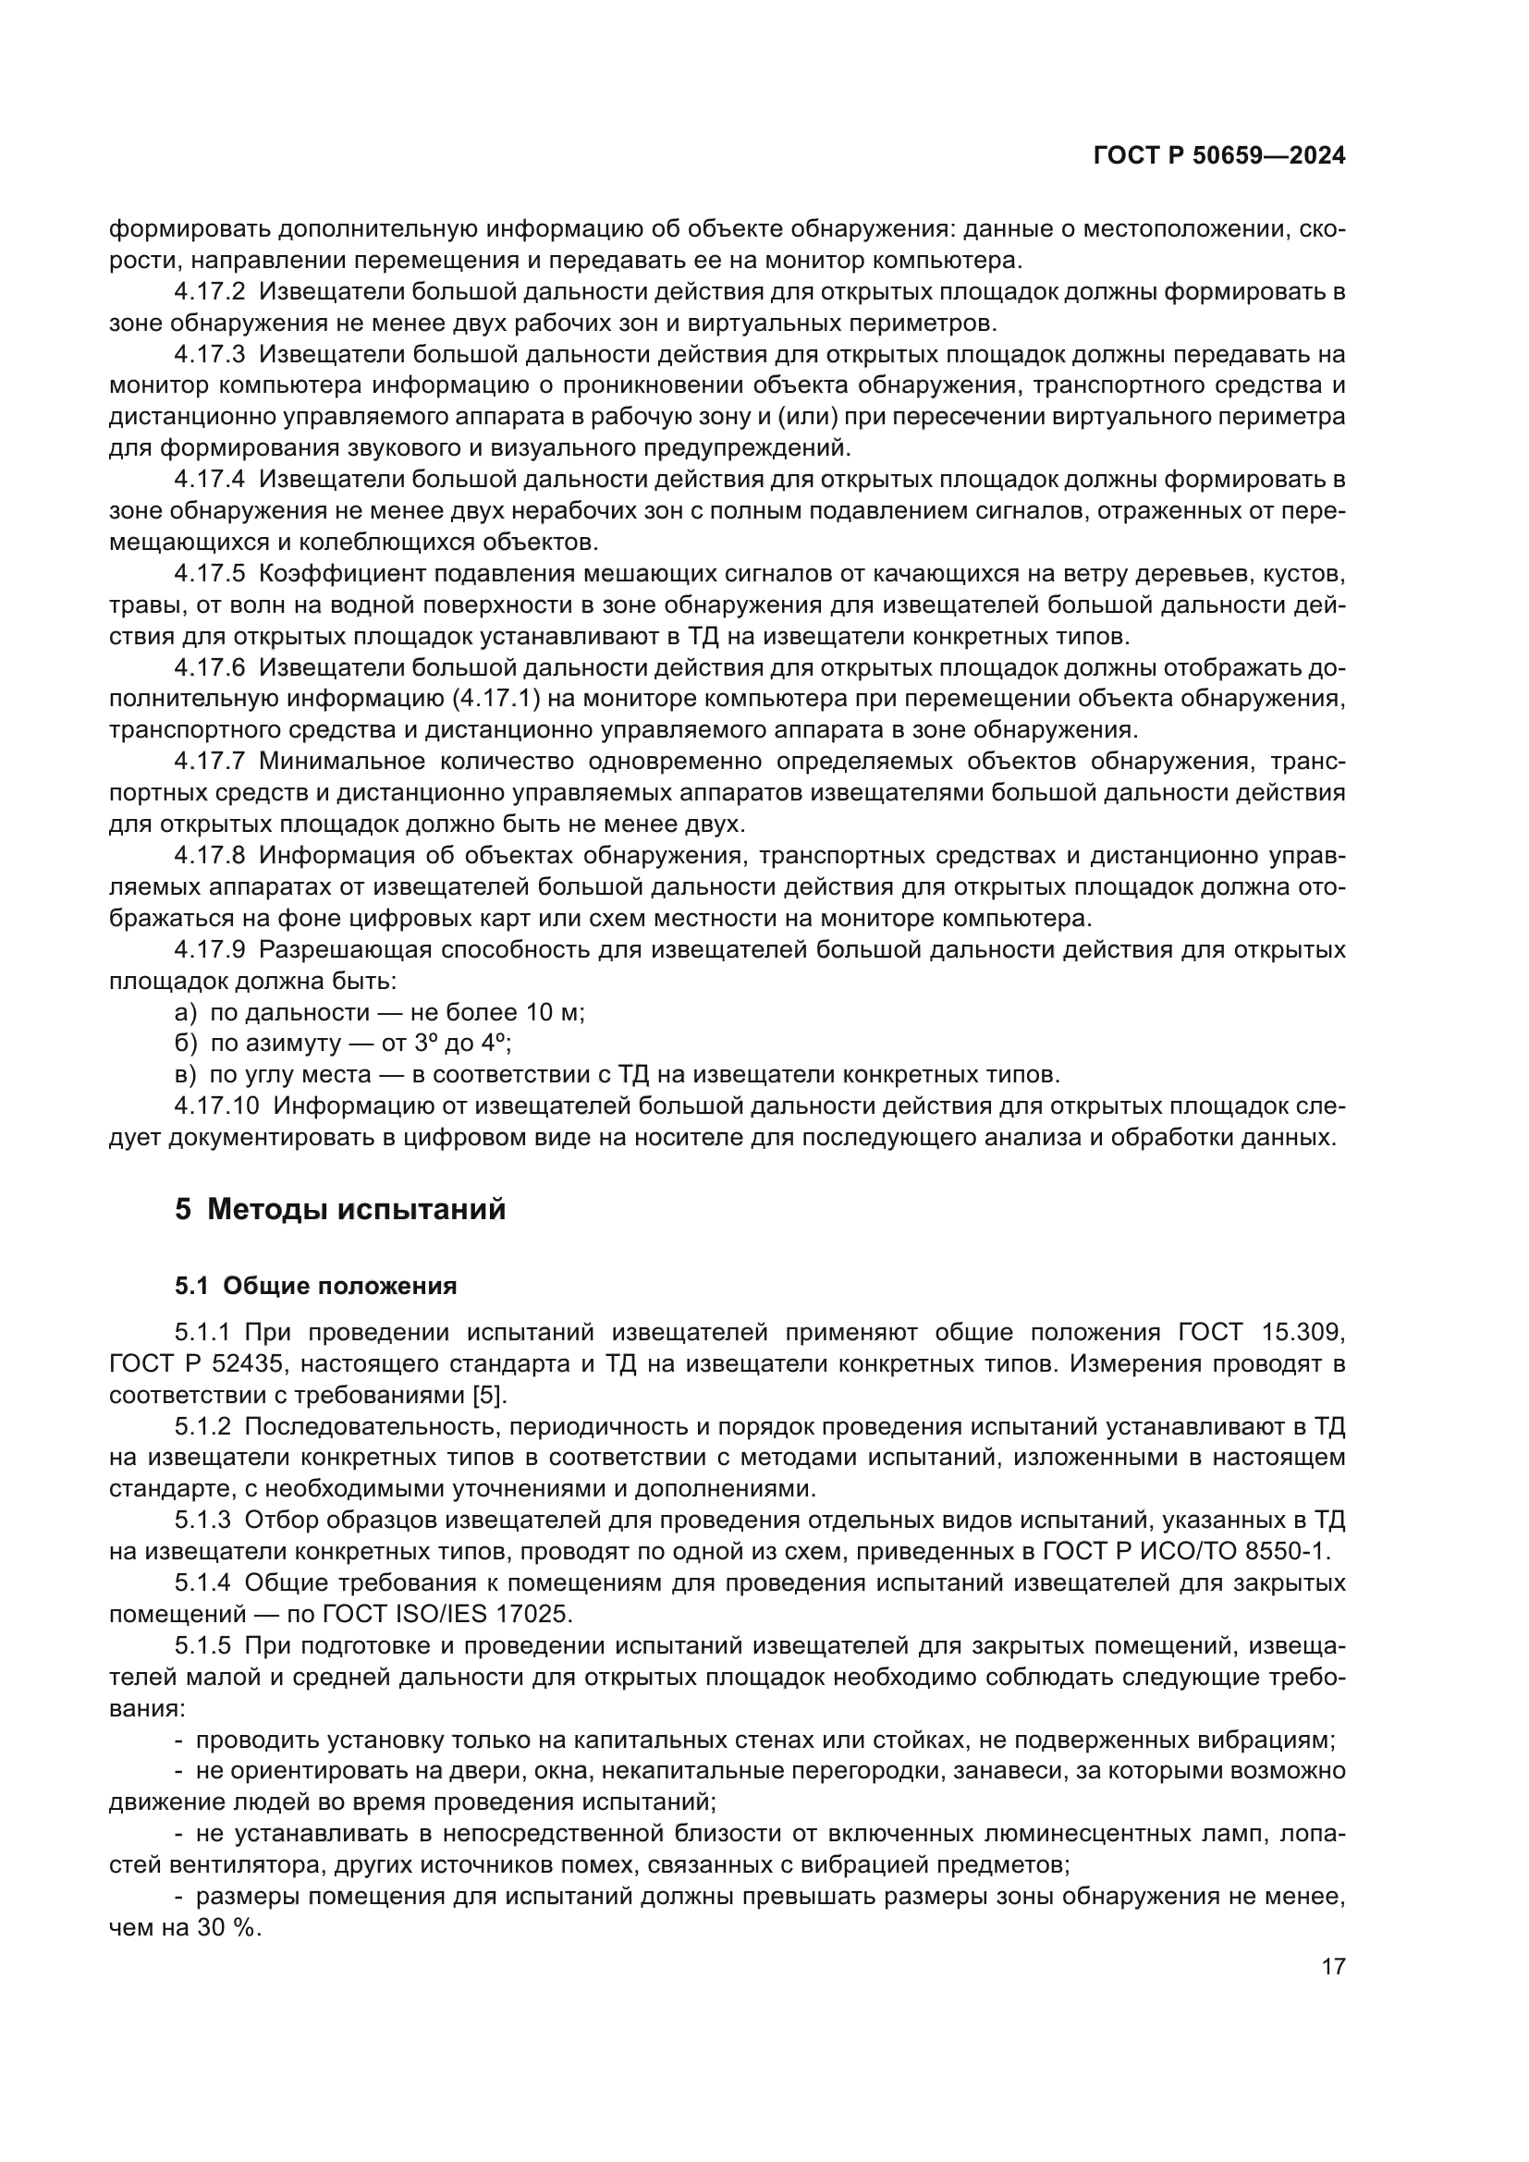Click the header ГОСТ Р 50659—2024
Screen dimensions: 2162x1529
point(1219,156)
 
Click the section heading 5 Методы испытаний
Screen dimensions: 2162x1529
point(340,1209)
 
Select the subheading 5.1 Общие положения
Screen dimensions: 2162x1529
point(315,1287)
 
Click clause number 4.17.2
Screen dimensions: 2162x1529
point(209,292)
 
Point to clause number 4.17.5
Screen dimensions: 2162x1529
point(209,573)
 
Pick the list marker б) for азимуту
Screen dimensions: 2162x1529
point(186,1044)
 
